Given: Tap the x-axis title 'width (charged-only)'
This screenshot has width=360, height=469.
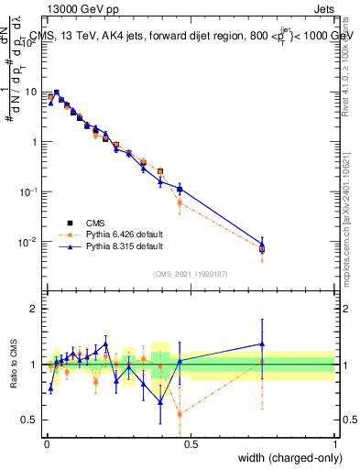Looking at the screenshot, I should [x=285, y=457].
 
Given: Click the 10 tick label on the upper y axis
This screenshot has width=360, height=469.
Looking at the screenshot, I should [x=30, y=92].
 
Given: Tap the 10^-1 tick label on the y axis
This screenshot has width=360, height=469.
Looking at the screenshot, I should [x=27, y=191].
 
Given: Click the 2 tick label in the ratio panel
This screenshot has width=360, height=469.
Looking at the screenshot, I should [x=35, y=309].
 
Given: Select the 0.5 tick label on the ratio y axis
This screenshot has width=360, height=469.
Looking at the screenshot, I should [x=30, y=420].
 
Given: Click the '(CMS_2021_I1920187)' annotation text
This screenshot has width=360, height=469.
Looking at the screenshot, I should [x=190, y=273].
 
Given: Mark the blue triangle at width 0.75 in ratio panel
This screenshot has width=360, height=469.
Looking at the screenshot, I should [x=262, y=344].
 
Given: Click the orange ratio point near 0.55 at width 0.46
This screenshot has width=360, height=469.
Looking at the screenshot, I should [x=180, y=414].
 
